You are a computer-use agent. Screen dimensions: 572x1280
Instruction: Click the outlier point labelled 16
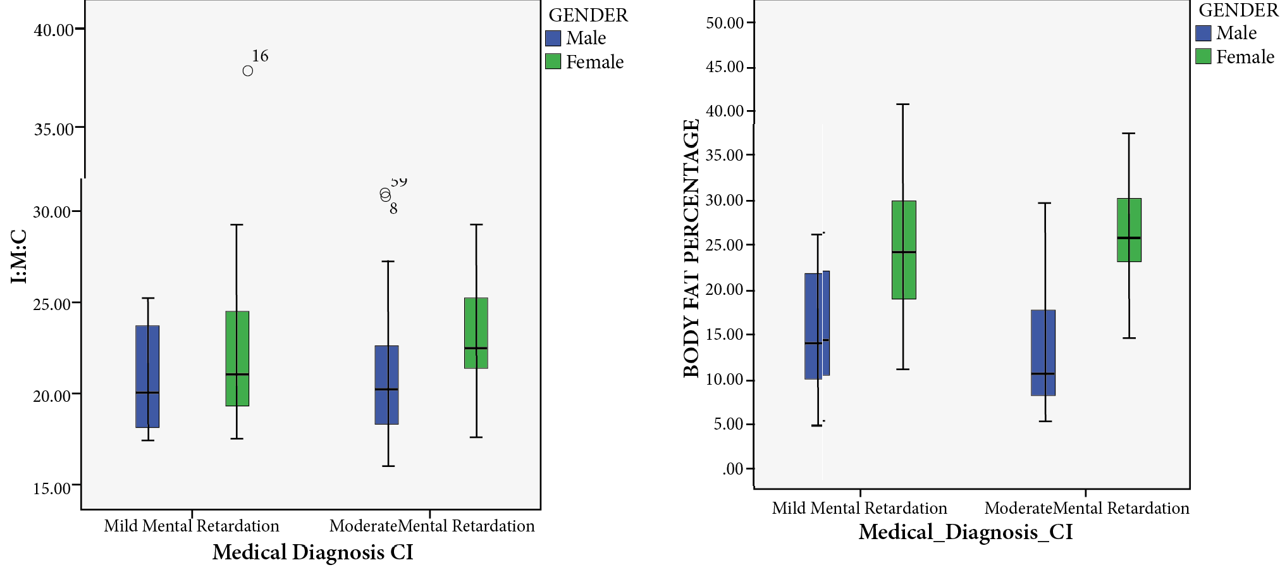(248, 71)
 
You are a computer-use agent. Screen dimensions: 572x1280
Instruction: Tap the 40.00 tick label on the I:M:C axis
(54, 30)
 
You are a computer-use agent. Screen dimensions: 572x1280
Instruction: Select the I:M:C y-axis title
(20, 256)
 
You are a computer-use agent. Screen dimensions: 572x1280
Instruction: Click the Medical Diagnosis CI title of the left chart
(312, 552)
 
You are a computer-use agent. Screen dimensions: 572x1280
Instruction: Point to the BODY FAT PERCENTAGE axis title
(691, 248)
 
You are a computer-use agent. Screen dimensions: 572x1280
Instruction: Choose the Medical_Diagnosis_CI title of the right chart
(965, 532)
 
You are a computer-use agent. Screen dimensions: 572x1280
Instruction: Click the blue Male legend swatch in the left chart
(553, 39)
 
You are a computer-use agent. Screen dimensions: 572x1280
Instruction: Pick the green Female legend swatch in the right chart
(1203, 57)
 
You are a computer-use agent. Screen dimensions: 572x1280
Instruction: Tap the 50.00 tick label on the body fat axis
(725, 23)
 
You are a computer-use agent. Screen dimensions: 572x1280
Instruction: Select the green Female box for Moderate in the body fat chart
(1129, 230)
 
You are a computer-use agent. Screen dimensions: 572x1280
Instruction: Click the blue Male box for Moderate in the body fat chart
(1043, 352)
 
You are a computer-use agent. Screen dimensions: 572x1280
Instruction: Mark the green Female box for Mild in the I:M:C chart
(237, 358)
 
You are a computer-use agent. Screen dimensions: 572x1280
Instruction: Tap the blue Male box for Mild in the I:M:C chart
(147, 376)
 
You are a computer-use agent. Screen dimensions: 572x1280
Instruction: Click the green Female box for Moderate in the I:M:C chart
(476, 333)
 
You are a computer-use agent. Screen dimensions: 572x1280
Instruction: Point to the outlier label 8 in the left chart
(393, 209)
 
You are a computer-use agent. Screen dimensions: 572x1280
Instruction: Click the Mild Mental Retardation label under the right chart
(859, 508)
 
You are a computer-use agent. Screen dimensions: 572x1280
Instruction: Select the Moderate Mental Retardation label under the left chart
(432, 526)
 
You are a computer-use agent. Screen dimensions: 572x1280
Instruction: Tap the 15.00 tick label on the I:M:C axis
(52, 488)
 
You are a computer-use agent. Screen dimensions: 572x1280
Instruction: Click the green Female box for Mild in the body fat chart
(904, 250)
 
